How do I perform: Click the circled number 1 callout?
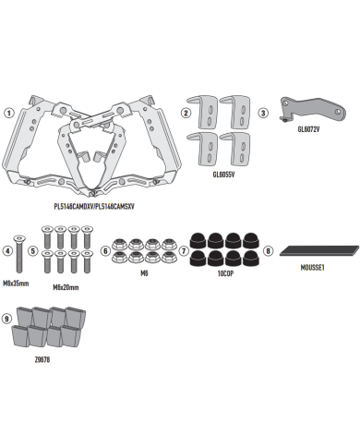pyautogui.click(x=9, y=113)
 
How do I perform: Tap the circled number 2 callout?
pyautogui.click(x=186, y=113)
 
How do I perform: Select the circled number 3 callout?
pyautogui.click(x=263, y=113)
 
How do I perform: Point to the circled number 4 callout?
pyautogui.click(x=7, y=251)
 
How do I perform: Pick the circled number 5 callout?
pyautogui.click(x=33, y=251)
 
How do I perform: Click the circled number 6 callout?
pyautogui.click(x=105, y=251)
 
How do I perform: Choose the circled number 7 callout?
pyautogui.click(x=184, y=251)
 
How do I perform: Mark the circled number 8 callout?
pyautogui.click(x=268, y=251)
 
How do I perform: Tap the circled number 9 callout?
pyautogui.click(x=6, y=319)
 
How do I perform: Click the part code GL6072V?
pyautogui.click(x=308, y=129)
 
